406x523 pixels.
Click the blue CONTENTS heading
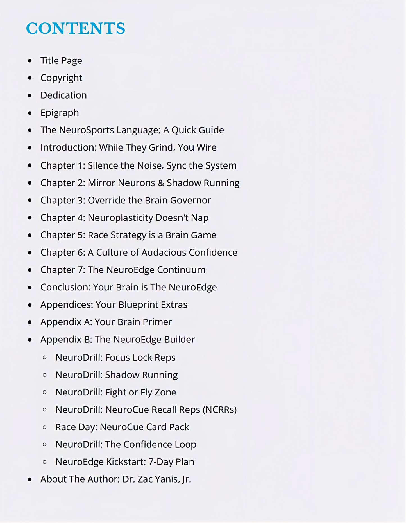(x=75, y=28)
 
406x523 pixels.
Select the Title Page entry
(x=61, y=60)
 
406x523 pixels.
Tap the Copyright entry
(x=61, y=78)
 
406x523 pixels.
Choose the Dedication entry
(x=63, y=95)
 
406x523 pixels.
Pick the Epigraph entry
(x=60, y=113)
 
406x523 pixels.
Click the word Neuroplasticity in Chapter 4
(x=120, y=218)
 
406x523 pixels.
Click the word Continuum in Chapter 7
(x=181, y=270)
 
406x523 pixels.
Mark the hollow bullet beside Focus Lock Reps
(x=44, y=358)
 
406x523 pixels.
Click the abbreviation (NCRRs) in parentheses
(x=220, y=410)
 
